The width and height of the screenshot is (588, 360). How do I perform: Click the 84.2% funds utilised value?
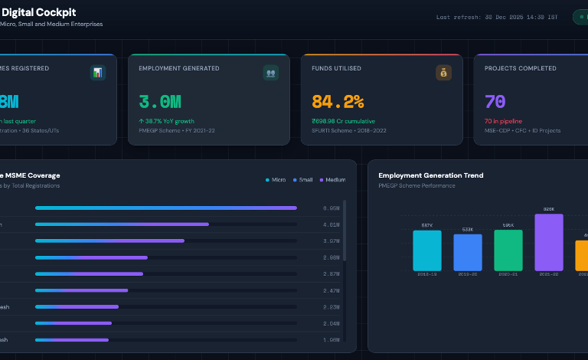(x=338, y=102)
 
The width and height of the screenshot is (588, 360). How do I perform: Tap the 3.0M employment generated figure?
(x=160, y=102)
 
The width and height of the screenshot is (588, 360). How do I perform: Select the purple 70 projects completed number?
(x=495, y=102)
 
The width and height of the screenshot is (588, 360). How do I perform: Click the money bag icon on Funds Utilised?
(x=443, y=73)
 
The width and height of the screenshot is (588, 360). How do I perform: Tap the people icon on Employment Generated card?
(x=270, y=73)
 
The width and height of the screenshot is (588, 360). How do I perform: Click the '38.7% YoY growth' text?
(x=167, y=121)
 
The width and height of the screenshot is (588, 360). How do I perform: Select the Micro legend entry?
(x=276, y=180)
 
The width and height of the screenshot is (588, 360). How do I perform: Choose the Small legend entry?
(x=302, y=180)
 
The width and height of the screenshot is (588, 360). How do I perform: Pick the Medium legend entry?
(x=333, y=180)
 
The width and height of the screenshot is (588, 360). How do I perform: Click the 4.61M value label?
(x=331, y=224)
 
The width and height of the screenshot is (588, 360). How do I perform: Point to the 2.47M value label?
(x=331, y=290)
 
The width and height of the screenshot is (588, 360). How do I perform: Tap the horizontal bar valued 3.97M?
(x=109, y=241)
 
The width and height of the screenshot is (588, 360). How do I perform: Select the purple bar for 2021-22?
(x=548, y=242)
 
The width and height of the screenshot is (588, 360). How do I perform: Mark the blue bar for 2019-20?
(x=468, y=252)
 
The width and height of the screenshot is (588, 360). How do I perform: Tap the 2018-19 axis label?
(x=426, y=274)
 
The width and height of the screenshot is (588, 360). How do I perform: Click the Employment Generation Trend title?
(x=430, y=175)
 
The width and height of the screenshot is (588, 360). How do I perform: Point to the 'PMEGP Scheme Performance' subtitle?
(x=416, y=185)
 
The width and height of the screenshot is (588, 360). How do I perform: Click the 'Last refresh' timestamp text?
(x=497, y=17)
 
